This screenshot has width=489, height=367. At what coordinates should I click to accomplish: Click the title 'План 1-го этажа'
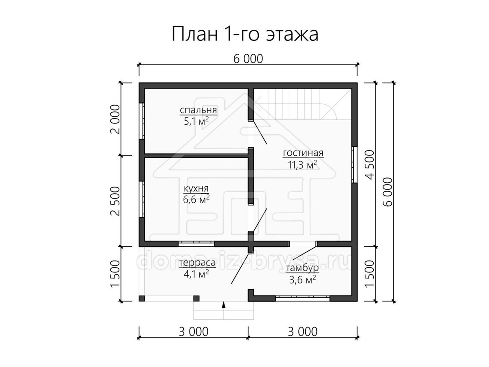tap(244, 34)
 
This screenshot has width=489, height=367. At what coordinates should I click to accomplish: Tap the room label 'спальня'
tap(198, 110)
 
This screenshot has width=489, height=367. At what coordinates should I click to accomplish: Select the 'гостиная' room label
tap(303, 153)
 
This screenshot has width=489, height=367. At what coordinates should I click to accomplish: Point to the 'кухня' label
tap(196, 189)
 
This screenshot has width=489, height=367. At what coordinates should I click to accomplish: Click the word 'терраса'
tap(198, 263)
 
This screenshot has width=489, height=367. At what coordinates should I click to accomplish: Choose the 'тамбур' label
tap(302, 268)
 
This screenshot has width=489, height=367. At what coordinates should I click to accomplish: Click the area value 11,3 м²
tap(302, 165)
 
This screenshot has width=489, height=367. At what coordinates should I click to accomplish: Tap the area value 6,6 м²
tap(196, 199)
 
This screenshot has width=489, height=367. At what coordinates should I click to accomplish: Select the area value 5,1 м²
tap(196, 122)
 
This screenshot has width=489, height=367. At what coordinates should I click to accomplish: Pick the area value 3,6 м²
tap(302, 280)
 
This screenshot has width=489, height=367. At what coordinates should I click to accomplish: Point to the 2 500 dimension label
tap(115, 201)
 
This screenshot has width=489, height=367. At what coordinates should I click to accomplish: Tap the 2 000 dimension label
tap(115, 119)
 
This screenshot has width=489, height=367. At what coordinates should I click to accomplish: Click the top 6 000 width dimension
tap(248, 59)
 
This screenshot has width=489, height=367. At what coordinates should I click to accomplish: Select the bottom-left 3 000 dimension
tap(194, 332)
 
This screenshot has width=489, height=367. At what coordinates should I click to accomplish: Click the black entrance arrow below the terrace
tap(223, 305)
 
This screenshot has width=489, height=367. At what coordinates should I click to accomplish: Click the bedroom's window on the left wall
tap(142, 121)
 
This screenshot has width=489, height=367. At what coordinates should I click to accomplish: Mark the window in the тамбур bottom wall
tap(302, 298)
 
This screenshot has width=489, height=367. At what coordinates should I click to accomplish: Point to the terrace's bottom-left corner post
tap(142, 298)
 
